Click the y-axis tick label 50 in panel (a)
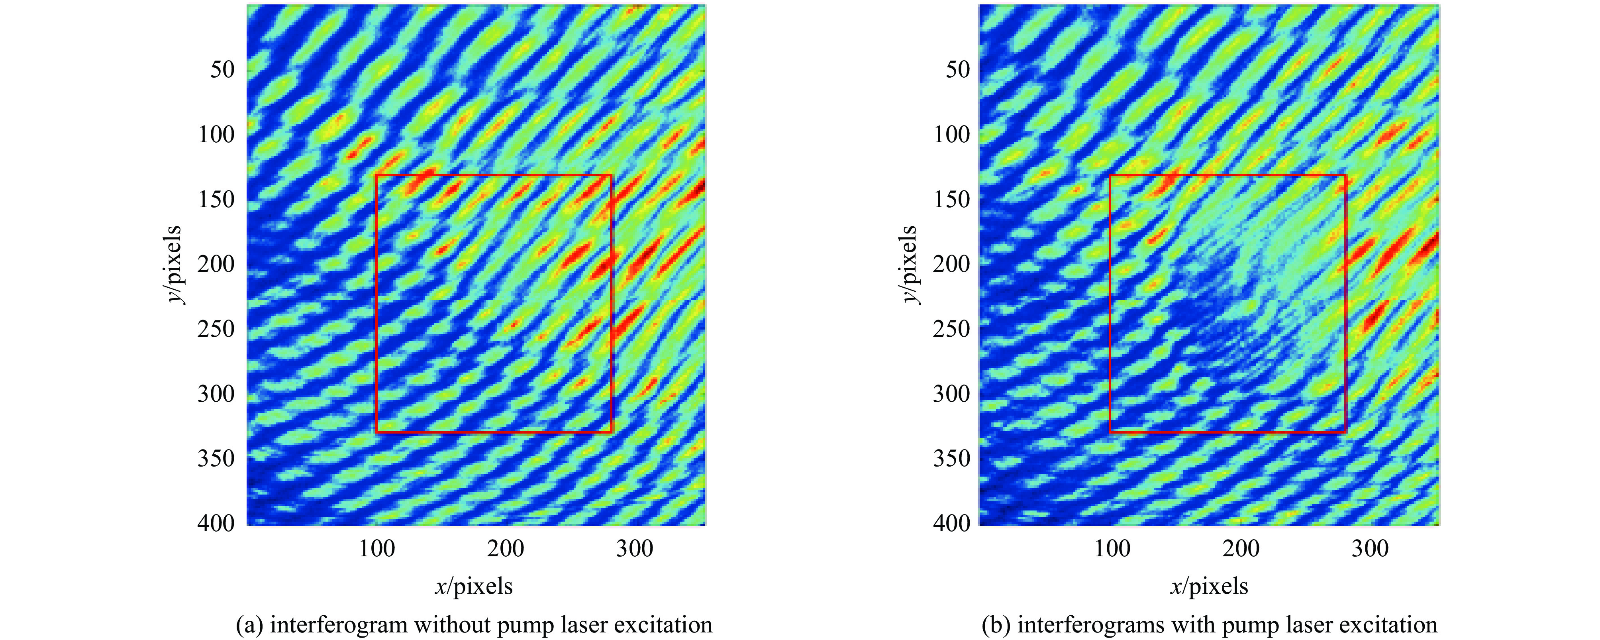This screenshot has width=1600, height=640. coord(222,69)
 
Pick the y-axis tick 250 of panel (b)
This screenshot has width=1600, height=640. coord(951,329)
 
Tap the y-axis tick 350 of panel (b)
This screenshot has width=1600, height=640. coord(951,459)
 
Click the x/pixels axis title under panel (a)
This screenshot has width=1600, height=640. coord(474,586)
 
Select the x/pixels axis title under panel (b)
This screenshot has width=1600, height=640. coord(1209,586)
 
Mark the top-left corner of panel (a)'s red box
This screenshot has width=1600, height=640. coord(376,176)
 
